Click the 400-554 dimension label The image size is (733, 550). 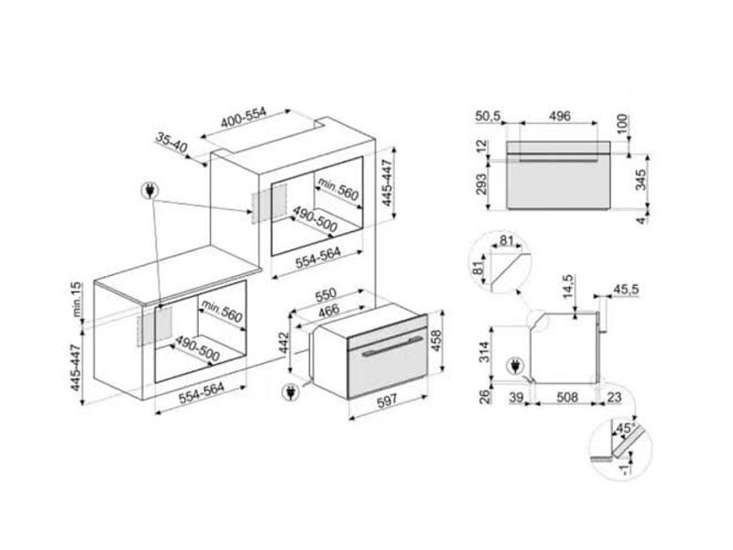coord(243,118)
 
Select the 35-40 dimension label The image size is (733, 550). coord(171,143)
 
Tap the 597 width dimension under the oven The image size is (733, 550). coord(387,400)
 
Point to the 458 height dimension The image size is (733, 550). coord(436,342)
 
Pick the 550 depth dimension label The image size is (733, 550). coord(326,294)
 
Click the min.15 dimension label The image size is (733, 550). coord(76,300)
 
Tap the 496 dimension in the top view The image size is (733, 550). coord(560,115)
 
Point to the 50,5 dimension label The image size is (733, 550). coord(488,115)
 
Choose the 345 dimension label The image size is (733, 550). coord(640,179)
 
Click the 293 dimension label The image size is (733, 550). coord(481,184)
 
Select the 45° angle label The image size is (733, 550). coord(625,428)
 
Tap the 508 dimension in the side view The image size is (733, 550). coord(567,397)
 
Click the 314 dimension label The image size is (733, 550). coord(485,352)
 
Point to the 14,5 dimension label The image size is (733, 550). coord(568,287)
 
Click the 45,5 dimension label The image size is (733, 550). coord(626,290)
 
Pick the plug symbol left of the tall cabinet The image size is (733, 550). coord(150,191)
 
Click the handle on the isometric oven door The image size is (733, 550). coord(392,346)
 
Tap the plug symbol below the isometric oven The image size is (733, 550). coord(290,392)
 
